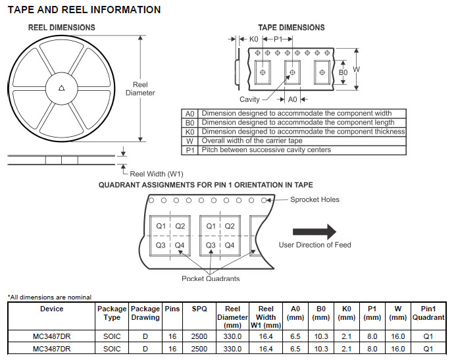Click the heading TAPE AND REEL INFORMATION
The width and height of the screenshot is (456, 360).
point(84,10)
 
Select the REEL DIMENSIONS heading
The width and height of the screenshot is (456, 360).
point(61,28)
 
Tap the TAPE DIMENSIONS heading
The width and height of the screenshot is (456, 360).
point(291,28)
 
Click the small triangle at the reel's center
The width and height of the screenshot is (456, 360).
point(61,88)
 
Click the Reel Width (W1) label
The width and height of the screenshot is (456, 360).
point(157,174)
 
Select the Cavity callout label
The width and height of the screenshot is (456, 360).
point(249,99)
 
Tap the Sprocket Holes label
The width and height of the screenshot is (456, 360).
point(315,199)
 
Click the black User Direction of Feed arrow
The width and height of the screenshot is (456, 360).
point(314,231)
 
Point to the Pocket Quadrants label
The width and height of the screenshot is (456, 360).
point(211,278)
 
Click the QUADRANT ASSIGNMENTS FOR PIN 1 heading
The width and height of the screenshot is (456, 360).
point(206,185)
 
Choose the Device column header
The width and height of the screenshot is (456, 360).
point(52,309)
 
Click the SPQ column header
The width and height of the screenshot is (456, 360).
point(199,309)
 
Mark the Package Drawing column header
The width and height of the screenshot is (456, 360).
point(145,313)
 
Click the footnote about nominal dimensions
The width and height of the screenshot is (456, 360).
point(49,297)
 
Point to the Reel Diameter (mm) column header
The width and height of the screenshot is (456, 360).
point(233,317)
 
